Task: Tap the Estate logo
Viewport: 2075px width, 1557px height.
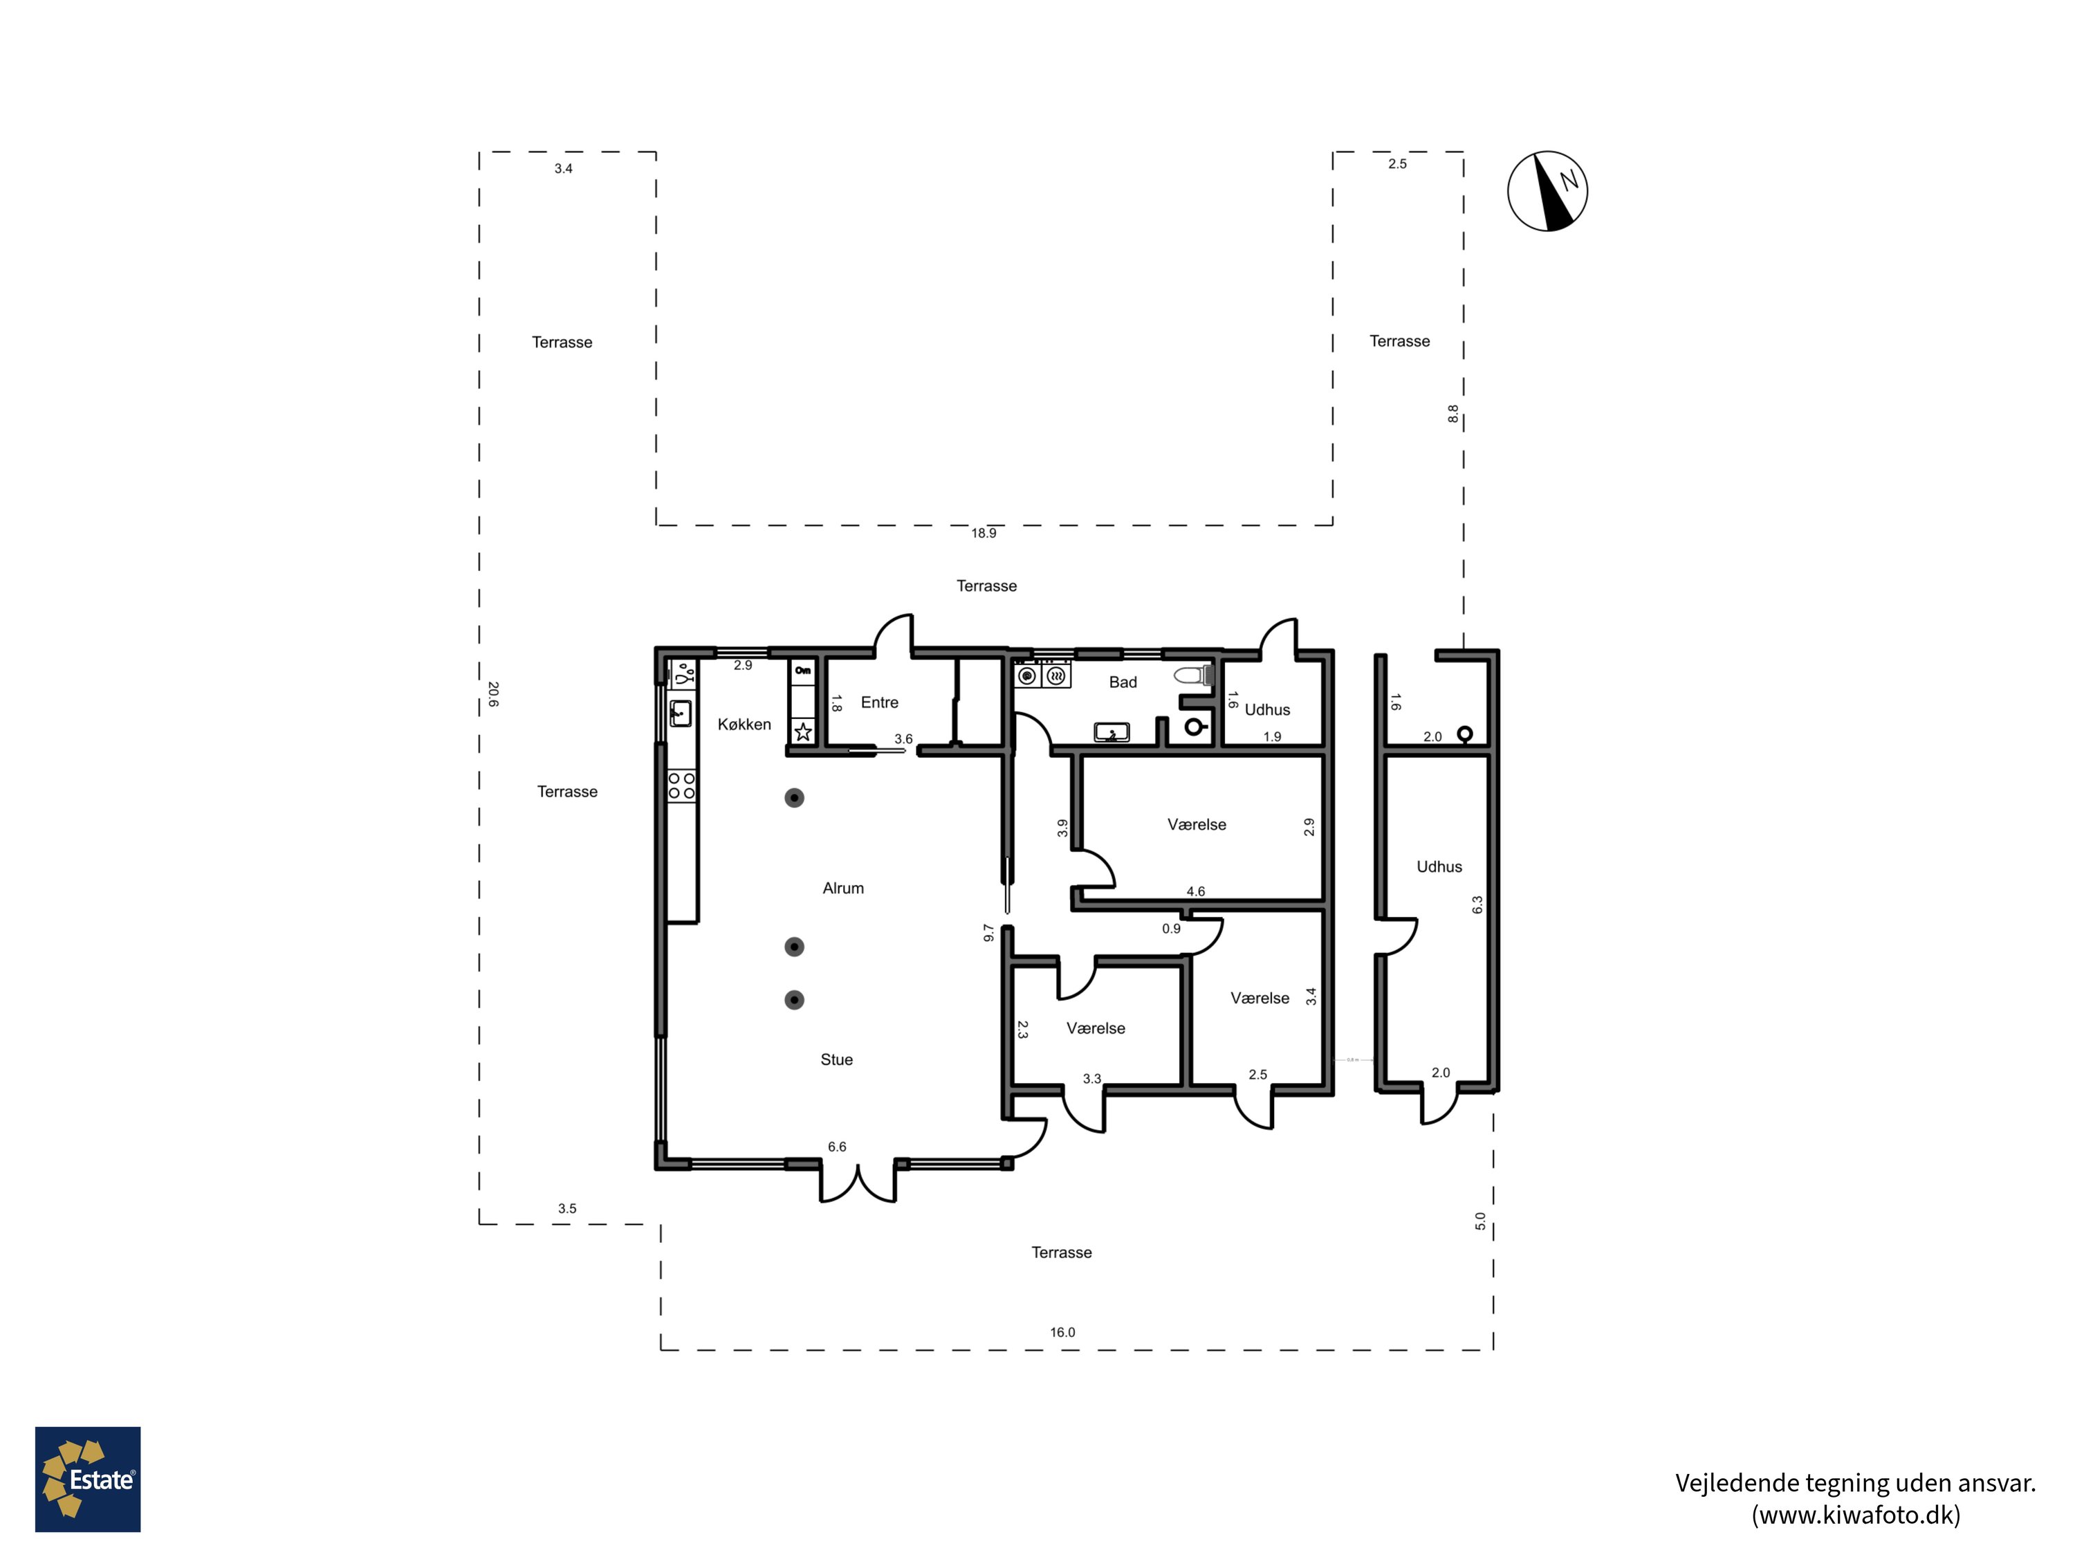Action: [87, 1480]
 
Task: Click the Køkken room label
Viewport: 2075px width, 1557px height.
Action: [744, 725]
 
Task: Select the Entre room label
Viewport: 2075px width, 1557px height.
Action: [879, 702]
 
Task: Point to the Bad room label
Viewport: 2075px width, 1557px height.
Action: [1122, 682]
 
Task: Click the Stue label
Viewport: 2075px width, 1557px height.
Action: [836, 1059]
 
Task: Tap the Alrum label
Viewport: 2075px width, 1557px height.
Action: [842, 888]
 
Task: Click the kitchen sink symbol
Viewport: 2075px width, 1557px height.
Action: [680, 713]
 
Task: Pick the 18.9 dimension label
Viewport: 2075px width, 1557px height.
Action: [983, 533]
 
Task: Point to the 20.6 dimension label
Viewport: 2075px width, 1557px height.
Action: [492, 695]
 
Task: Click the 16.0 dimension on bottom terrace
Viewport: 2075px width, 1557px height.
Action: [1062, 1332]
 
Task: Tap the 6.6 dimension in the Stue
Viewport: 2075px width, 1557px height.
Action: [837, 1147]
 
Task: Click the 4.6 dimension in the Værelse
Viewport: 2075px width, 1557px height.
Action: [1195, 891]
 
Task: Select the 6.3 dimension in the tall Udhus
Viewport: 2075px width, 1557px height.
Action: [1477, 904]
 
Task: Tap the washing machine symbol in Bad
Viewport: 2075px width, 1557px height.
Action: [1027, 675]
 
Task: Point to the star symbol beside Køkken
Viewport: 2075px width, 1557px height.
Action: [803, 732]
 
